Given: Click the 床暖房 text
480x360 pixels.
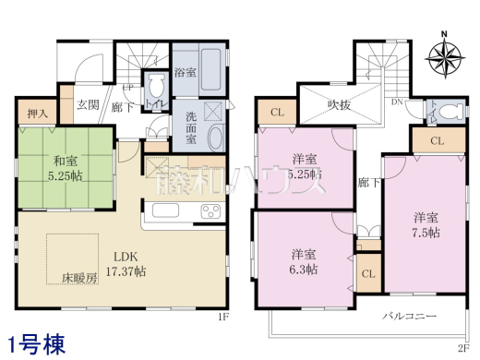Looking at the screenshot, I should click(78, 277).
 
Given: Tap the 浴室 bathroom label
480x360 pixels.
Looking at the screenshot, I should click(184, 73).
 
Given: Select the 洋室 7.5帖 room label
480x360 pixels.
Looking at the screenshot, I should click(426, 223).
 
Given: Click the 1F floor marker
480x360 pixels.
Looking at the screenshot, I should click(222, 317).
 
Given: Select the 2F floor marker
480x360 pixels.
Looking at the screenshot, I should click(462, 348).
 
